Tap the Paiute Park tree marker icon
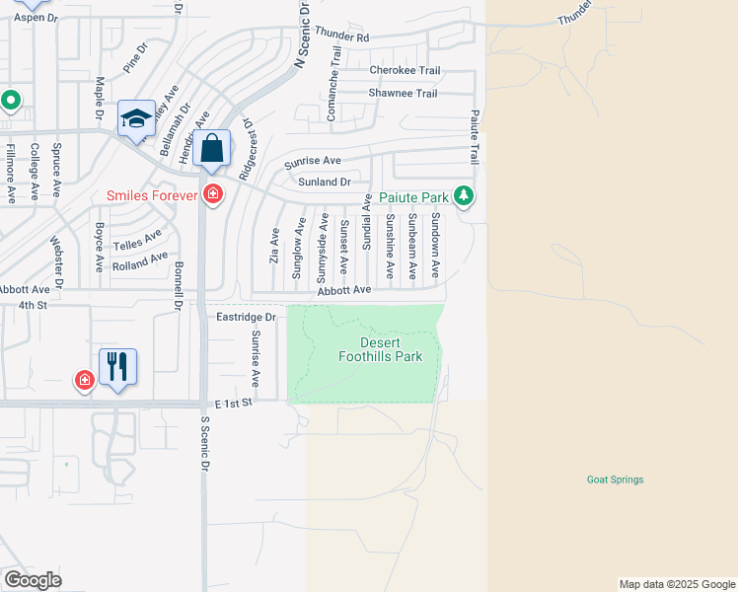pos(464,197)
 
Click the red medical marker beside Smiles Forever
pos(211,194)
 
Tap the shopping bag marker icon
pos(212,150)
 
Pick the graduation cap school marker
pos(135,120)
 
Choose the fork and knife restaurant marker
pos(117,366)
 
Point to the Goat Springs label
pos(615,481)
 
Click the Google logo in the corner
pos(33,580)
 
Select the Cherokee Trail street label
pos(404,70)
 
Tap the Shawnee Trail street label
pos(403,94)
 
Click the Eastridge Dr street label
pos(246,317)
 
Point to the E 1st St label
pos(234,404)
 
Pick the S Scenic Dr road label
pos(205,434)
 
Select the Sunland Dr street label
pos(324,182)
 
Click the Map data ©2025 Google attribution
pos(676,584)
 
